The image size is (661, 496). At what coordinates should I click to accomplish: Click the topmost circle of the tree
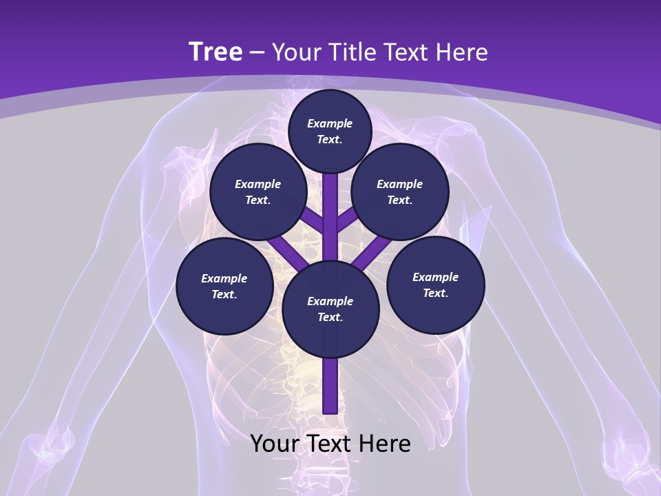click(x=330, y=131)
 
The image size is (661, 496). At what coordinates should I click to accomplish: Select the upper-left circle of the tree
click(x=258, y=192)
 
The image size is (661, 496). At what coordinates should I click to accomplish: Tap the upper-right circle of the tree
click(x=400, y=192)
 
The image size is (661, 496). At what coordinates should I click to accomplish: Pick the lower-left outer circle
click(x=224, y=286)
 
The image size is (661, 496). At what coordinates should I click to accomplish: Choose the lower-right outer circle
click(x=436, y=285)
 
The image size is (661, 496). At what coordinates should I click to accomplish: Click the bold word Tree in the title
click(x=216, y=52)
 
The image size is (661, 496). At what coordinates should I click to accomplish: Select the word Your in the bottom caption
click(x=275, y=444)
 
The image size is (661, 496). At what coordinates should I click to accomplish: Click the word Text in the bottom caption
click(x=330, y=444)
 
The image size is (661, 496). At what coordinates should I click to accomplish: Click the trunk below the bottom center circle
click(x=330, y=386)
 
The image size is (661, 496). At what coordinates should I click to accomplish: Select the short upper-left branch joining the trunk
click(x=313, y=222)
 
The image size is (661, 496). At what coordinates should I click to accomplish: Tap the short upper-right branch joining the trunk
click(x=347, y=220)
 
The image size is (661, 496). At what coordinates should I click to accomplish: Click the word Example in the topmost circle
click(x=330, y=123)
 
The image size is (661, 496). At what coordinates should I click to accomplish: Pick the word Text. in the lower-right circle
click(x=436, y=293)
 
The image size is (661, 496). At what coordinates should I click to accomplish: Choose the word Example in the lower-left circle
click(x=224, y=278)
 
